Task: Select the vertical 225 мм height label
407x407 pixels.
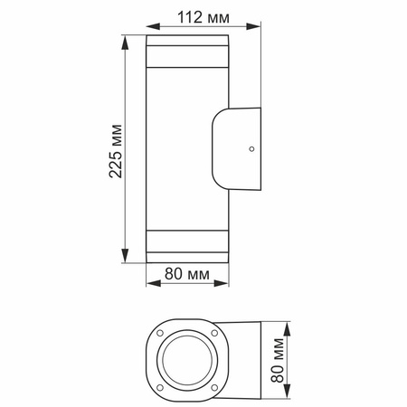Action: coord(115,149)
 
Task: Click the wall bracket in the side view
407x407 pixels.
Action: coord(237,148)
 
